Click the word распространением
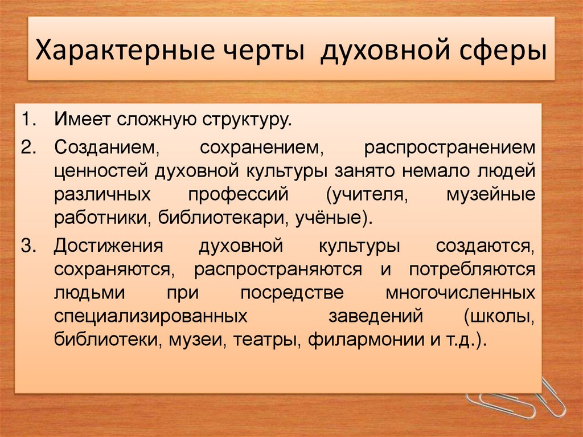[450, 146]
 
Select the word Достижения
[109, 246]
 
